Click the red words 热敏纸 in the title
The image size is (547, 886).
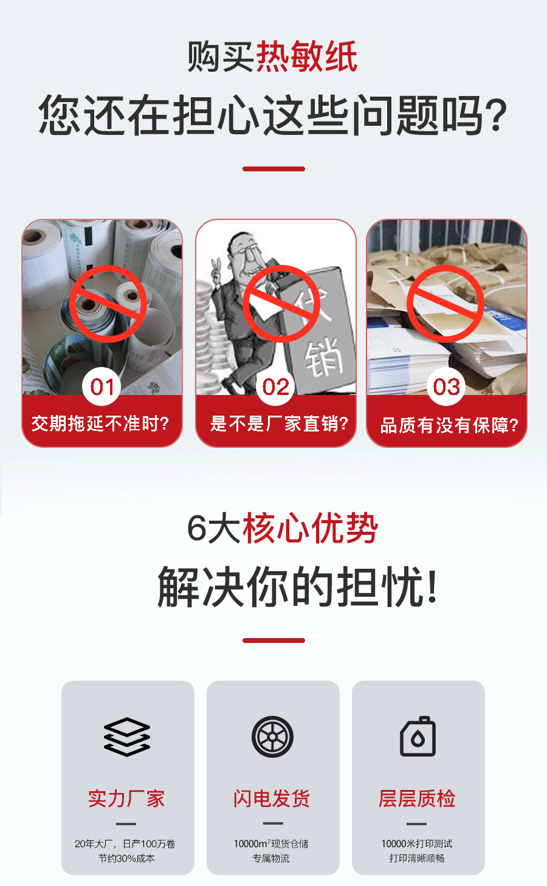[x=306, y=57]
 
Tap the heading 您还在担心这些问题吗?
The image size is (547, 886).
[x=273, y=115]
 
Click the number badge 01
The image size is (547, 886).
[x=101, y=386]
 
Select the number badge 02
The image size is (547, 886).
[x=275, y=386]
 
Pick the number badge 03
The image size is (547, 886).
[x=446, y=386]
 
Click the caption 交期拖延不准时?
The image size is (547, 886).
[x=100, y=424]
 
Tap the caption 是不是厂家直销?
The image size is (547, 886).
[x=279, y=424]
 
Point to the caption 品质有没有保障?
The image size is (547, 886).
[x=449, y=425]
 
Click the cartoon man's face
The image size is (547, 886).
[x=247, y=255]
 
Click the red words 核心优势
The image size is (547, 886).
[x=311, y=528]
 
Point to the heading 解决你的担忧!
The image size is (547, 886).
[x=297, y=586]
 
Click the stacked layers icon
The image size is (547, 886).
[x=127, y=737]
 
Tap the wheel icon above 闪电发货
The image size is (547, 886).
[x=272, y=737]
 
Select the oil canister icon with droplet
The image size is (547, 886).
[x=418, y=736]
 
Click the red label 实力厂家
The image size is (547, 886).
[x=126, y=798]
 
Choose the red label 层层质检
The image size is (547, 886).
[x=417, y=798]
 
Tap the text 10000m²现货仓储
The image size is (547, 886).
[x=271, y=843]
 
